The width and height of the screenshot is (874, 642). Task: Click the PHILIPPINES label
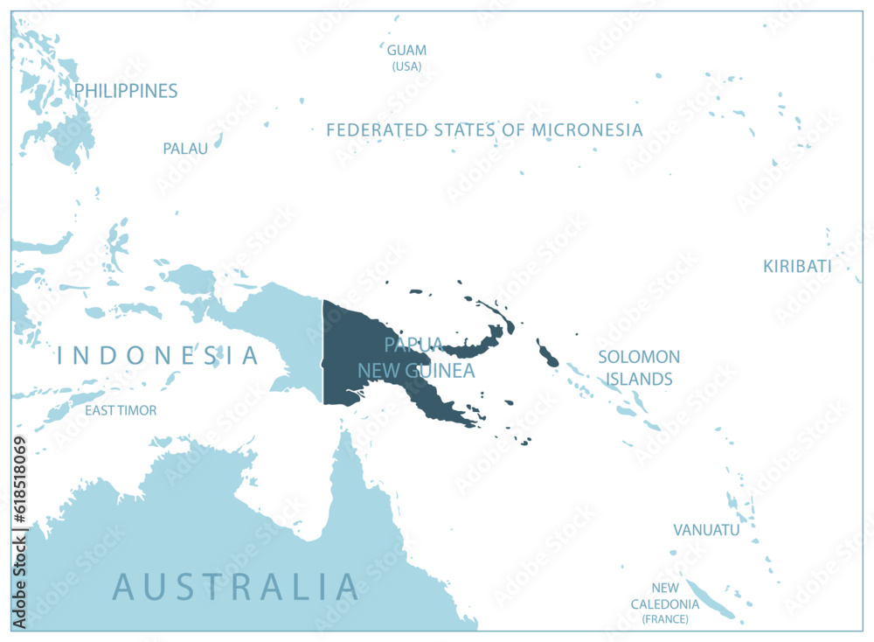tap(126, 91)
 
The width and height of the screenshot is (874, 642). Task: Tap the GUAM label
tap(406, 51)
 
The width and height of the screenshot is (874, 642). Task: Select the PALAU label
tap(185, 149)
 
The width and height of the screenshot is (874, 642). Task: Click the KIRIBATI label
tap(797, 267)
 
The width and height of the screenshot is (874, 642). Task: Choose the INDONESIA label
tap(158, 356)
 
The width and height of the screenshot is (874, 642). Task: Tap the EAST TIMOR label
tap(121, 410)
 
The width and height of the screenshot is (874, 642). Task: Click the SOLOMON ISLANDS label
tap(639, 367)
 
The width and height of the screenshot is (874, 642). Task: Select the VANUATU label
tap(706, 530)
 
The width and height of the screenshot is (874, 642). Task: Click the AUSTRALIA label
tap(236, 587)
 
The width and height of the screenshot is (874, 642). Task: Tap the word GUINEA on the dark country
tap(443, 371)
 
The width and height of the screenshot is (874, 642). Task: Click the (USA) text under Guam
tap(406, 66)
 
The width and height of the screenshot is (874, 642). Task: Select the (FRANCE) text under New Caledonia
tap(665, 619)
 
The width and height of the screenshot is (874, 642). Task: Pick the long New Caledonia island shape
tap(710, 600)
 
